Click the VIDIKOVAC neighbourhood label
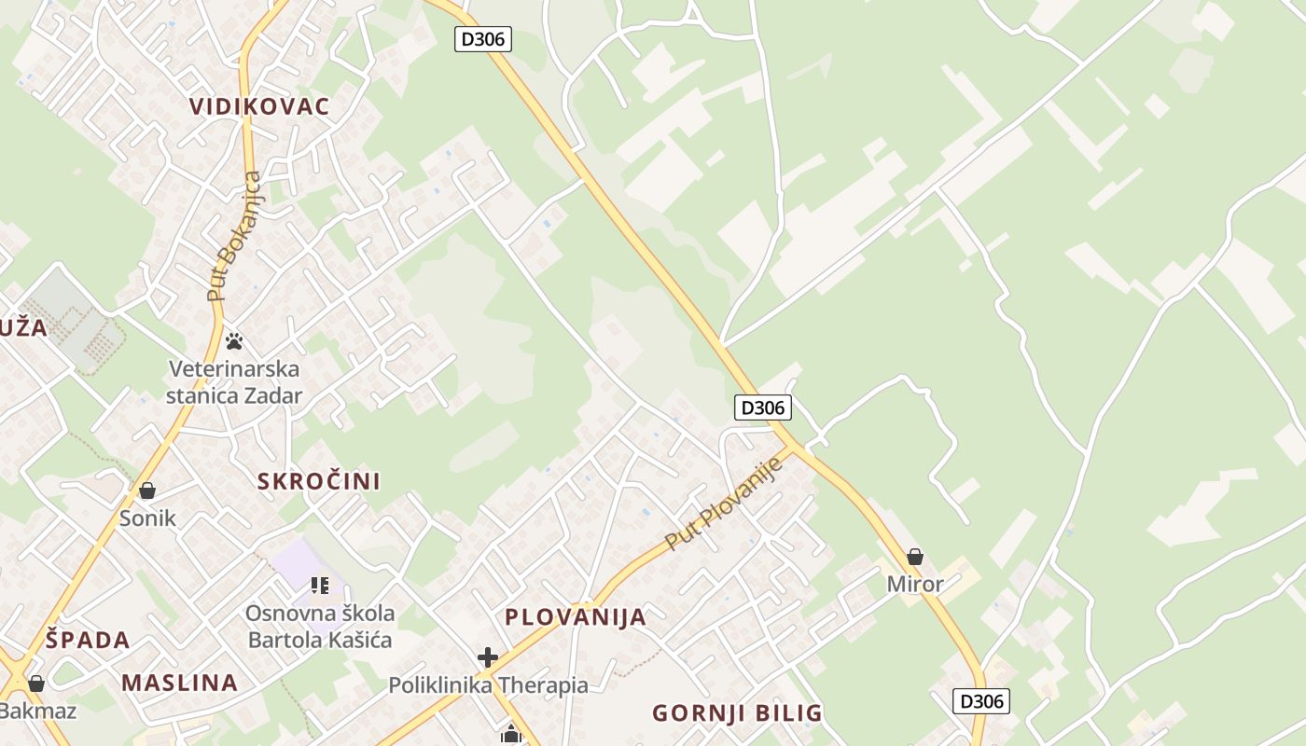coord(259,106)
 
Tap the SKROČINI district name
coord(318,481)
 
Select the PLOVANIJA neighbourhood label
coord(576,616)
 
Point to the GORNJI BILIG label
coord(737,713)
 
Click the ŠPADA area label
coord(88,641)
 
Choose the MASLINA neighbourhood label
coord(179,683)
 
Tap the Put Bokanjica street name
coord(236,236)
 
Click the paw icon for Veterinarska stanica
coord(234,341)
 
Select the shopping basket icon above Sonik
coord(147,490)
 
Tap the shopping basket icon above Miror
coord(915,557)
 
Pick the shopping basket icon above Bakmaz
coord(36,684)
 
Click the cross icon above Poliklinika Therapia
coord(488,657)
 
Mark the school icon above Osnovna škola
coord(320,586)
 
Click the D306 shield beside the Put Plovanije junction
coord(763,408)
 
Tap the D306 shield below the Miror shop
coord(981,700)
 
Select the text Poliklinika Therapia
coord(488,686)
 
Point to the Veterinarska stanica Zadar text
coord(234,381)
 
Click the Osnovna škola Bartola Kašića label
coord(320,627)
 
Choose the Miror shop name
coord(915,585)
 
